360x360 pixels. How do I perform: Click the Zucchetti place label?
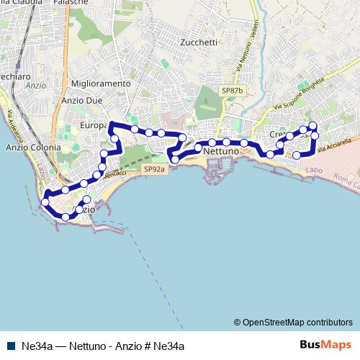[x=199, y=42]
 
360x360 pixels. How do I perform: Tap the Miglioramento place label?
[x=102, y=84]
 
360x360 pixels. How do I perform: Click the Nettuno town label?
[x=221, y=153]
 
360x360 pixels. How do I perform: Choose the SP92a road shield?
[x=153, y=168]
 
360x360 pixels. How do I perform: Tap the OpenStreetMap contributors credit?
[x=293, y=322]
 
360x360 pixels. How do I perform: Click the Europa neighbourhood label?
[x=93, y=125]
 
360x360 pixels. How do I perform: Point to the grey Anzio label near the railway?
[x=35, y=84]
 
